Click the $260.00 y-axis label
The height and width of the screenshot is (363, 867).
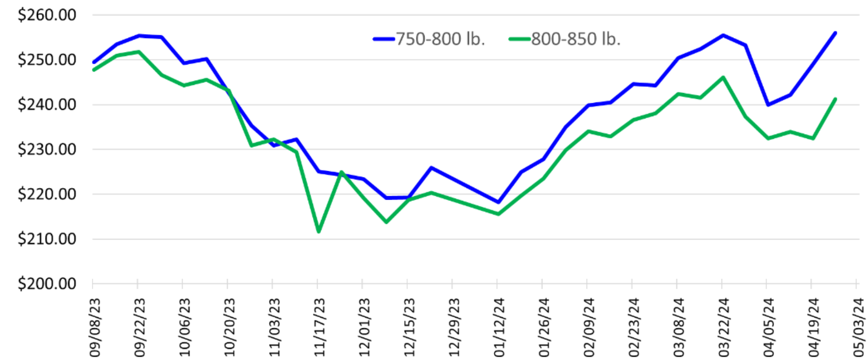(47, 15)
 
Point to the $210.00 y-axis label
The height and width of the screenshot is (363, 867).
(47, 239)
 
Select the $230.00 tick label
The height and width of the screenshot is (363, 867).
(47, 149)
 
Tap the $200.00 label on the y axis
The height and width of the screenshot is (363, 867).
(47, 284)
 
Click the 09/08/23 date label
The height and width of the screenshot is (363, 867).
(94, 328)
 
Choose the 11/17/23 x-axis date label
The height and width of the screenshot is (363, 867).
(319, 328)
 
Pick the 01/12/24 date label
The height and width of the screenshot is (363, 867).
(499, 328)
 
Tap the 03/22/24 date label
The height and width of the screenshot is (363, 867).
(724, 328)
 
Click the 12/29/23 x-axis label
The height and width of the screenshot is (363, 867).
(454, 328)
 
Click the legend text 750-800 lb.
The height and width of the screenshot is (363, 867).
(440, 39)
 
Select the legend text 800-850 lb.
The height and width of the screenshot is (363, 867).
(576, 39)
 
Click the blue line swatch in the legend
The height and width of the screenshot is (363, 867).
(384, 39)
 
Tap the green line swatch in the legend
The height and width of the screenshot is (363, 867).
(520, 39)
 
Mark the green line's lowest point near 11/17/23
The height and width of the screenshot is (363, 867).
(319, 232)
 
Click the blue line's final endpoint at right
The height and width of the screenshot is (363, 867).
(835, 33)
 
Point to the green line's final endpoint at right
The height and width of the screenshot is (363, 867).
(835, 99)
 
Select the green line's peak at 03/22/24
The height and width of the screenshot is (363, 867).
(723, 77)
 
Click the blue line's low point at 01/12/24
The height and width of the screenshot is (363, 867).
(498, 202)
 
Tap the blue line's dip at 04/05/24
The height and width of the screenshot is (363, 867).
(768, 105)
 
